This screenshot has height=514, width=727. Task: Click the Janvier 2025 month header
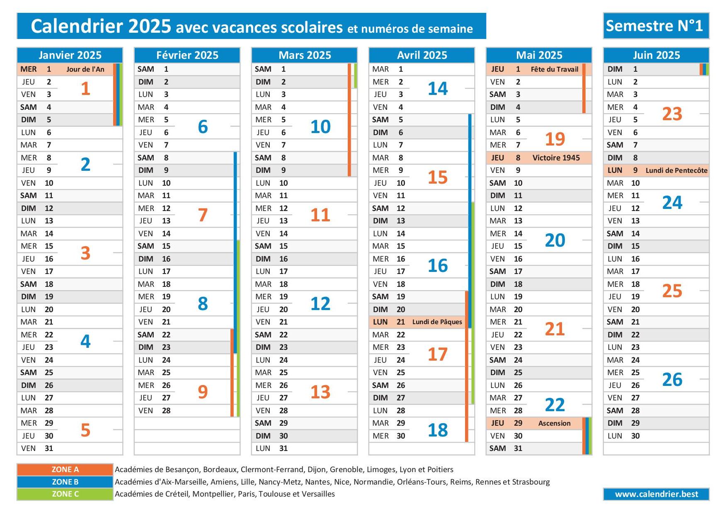pos(70,55)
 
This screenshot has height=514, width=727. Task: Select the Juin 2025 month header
pos(656,55)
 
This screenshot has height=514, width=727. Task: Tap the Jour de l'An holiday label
pos(85,69)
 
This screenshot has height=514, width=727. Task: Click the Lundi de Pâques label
pos(437,322)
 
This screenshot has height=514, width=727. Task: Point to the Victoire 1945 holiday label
pos(556,158)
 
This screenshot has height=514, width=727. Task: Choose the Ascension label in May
pos(554,423)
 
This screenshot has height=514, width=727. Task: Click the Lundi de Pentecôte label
pos(676,170)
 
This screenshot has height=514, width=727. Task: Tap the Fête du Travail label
pos(554,69)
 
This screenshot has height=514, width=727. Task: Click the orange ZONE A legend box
pos(65,470)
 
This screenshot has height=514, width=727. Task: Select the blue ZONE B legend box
pos(65,482)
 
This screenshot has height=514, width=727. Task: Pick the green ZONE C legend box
pos(65,494)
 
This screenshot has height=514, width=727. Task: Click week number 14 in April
pos(438,89)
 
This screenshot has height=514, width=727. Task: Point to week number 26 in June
pos(672,380)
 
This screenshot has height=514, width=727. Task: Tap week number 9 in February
pos(203,392)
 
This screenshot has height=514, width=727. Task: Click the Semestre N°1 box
pos(656,26)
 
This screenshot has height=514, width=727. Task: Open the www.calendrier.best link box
pos(656,494)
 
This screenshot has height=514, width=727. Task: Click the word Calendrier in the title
pos(77,26)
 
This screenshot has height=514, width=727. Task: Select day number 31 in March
pos(284,449)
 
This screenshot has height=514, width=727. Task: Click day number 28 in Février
pos(166,411)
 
